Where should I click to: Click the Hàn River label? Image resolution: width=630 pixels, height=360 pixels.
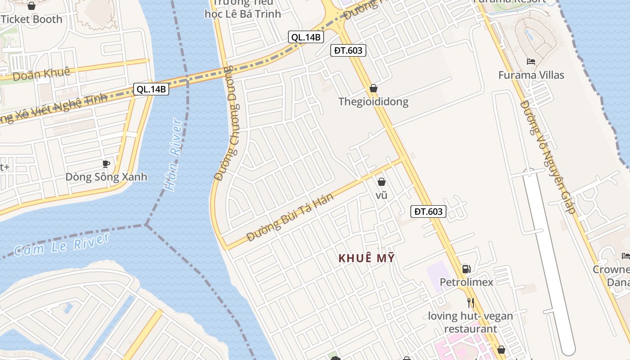click(174, 154)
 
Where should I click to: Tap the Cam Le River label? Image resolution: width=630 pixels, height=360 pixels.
click(62, 244)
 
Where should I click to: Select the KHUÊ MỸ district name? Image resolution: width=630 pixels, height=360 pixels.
click(366, 258)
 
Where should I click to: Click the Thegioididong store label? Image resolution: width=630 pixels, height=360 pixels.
click(373, 101)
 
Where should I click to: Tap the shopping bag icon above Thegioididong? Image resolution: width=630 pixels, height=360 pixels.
click(373, 88)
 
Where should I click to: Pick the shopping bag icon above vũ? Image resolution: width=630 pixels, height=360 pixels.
click(382, 182)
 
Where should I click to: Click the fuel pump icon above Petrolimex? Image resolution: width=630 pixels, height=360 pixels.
click(467, 269)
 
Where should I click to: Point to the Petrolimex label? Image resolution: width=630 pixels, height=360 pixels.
click(467, 282)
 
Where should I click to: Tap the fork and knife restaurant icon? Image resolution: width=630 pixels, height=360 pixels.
click(471, 302)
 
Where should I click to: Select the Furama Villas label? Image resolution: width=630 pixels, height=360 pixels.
click(531, 75)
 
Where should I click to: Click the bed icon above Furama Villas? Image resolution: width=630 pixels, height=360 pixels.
click(531, 62)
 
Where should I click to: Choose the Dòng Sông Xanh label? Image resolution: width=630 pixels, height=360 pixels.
click(106, 176)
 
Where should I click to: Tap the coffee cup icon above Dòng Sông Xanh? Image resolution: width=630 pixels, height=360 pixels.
click(106, 163)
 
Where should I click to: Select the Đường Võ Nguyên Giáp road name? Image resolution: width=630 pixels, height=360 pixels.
click(548, 157)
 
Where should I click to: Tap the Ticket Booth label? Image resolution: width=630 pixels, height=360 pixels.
click(31, 19)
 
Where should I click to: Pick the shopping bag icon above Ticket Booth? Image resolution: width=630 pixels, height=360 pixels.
click(31, 6)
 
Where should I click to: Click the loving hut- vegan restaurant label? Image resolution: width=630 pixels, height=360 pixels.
click(470, 322)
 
